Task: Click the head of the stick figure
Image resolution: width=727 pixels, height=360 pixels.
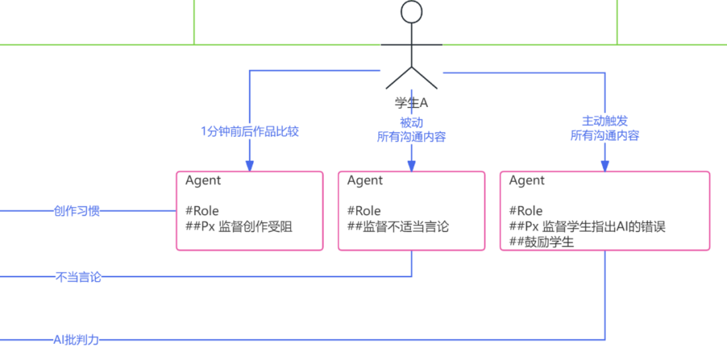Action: click(411, 12)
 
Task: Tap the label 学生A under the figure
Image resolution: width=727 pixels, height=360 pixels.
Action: click(411, 103)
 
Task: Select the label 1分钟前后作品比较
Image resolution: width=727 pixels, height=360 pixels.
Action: click(250, 131)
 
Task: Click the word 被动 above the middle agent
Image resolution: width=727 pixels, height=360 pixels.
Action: click(411, 122)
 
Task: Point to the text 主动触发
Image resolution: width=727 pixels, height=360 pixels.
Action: click(604, 121)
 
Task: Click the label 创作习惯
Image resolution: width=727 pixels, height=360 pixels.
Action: click(77, 211)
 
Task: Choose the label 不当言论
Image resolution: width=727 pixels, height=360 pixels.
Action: click(78, 277)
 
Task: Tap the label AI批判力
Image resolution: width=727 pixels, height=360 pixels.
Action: click(76, 340)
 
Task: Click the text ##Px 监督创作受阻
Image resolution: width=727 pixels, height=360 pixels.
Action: click(239, 227)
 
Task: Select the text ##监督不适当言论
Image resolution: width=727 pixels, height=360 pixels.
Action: click(398, 227)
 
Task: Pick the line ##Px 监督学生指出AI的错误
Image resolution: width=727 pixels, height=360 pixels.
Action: click(587, 227)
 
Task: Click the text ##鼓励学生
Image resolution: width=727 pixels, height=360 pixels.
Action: click(541, 242)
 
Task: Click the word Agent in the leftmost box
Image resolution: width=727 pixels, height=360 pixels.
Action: click(203, 180)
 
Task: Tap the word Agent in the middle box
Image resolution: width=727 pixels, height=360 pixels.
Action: click(365, 180)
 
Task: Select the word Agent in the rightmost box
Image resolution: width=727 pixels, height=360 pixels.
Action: click(527, 180)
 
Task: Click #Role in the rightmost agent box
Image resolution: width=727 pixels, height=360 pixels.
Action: click(526, 211)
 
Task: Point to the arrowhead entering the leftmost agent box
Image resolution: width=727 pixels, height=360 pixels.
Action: click(250, 166)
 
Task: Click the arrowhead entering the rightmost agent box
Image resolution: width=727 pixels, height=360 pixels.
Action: click(604, 166)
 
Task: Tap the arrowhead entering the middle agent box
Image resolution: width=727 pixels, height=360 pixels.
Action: click(411, 166)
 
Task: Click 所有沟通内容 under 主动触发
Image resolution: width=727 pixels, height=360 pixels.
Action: click(604, 135)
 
